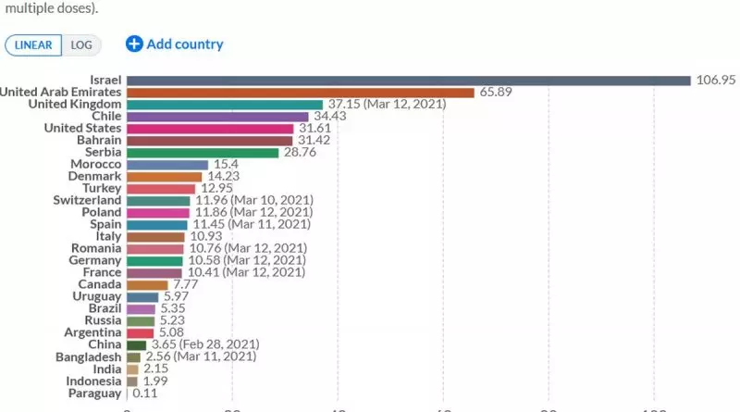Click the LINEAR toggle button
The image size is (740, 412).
[34, 44]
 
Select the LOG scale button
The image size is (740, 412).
[81, 44]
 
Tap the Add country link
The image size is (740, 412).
[175, 44]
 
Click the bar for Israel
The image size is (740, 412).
[408, 81]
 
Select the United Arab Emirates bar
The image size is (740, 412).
[300, 93]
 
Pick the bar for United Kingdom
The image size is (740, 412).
[224, 105]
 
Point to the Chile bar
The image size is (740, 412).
[217, 117]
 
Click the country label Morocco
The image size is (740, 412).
[94, 165]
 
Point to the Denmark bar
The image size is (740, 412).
[164, 177]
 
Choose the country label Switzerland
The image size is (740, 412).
[86, 201]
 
